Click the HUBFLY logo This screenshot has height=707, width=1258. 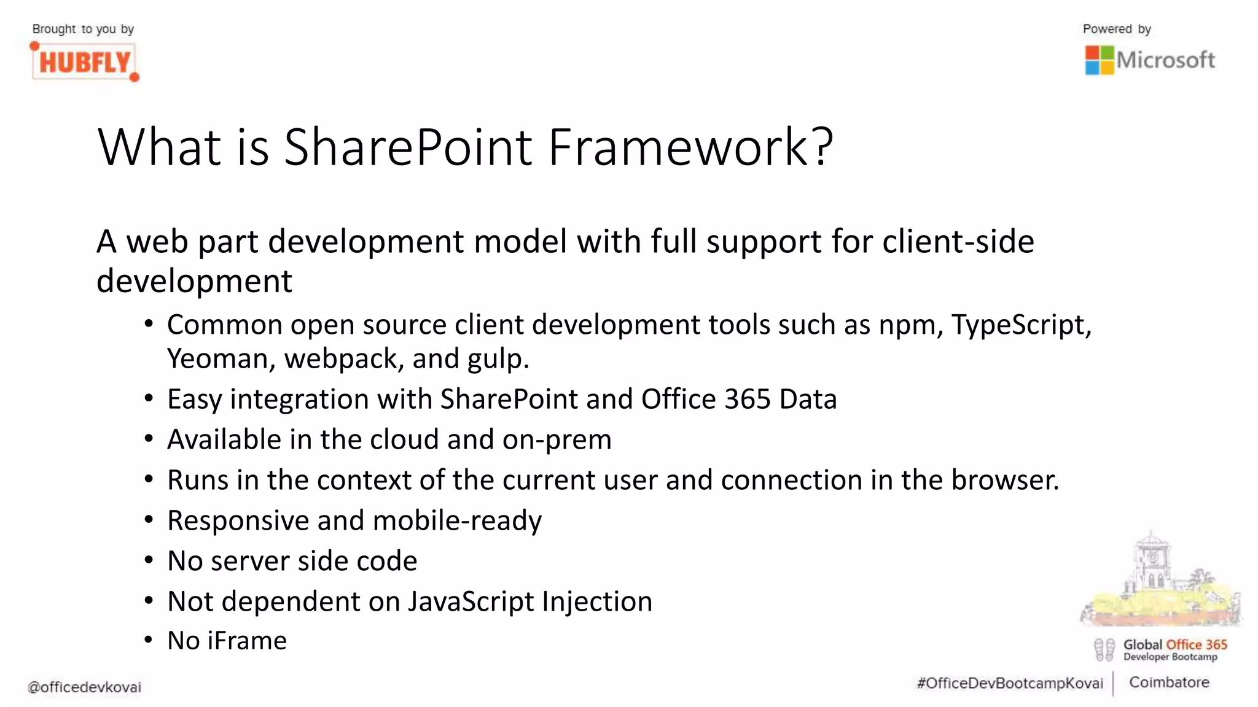[85, 62]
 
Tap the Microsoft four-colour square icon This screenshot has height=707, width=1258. [1099, 60]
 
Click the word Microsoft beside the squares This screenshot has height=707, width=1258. [1165, 60]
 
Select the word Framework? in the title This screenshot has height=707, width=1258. [690, 147]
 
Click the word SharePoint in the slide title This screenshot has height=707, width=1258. [408, 147]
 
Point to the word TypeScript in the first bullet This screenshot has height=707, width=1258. [1021, 325]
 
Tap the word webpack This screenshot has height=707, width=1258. [340, 359]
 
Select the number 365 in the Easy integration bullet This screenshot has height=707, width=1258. [747, 400]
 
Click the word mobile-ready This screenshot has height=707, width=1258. [457, 521]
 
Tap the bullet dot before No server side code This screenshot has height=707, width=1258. [149, 560]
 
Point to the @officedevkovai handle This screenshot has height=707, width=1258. [84, 687]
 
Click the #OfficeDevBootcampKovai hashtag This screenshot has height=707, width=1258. [1010, 684]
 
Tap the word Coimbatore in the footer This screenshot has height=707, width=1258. [1169, 682]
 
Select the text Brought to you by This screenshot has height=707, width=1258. [83, 29]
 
